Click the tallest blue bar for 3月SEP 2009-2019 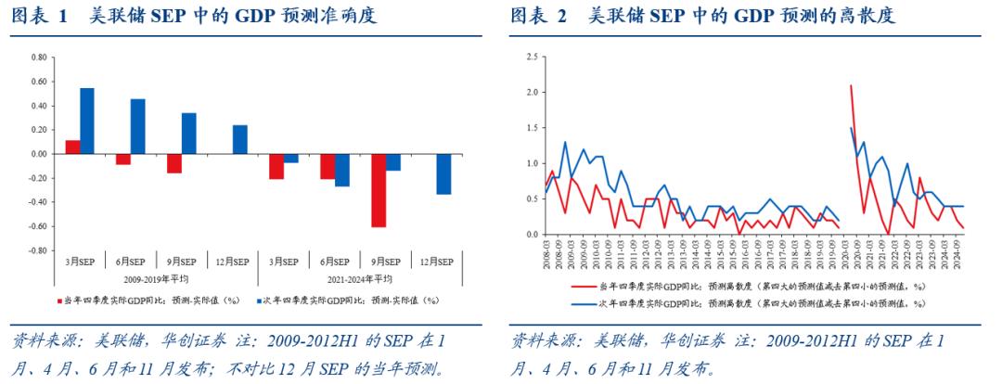[86, 121]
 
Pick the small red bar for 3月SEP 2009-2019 [72, 147]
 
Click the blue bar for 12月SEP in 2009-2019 [239, 139]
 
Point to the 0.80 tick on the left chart [38, 58]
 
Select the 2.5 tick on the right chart [532, 58]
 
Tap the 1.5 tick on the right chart [532, 128]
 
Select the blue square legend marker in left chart [258, 301]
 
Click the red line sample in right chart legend [584, 289]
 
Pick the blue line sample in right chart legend [584, 302]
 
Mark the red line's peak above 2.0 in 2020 [851, 86]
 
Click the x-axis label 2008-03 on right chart [548, 252]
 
